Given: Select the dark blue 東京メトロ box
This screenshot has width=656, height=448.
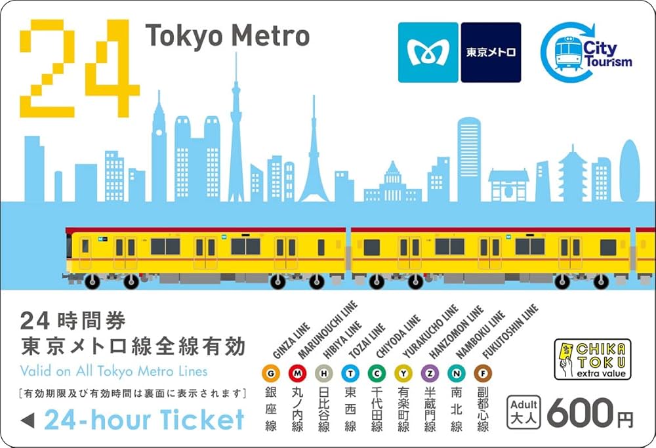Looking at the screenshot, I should [491, 52].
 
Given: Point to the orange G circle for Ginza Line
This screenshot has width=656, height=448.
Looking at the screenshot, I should [271, 373].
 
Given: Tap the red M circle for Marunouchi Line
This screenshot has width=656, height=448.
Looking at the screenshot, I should [297, 373].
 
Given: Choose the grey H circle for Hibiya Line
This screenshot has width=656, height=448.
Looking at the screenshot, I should [323, 373].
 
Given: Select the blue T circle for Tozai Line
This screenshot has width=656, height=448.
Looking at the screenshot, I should [350, 373].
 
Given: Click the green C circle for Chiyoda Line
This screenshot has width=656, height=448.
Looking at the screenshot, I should [377, 373].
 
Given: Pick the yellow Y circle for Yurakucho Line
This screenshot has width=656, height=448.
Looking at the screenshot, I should [403, 373].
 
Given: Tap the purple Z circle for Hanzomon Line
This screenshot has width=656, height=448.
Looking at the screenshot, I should [429, 373].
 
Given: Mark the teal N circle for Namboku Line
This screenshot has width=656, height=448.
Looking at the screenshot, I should [456, 373].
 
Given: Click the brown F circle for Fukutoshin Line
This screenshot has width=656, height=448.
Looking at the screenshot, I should [482, 373].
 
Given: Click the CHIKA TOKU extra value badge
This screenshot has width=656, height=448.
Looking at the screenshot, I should [592, 359].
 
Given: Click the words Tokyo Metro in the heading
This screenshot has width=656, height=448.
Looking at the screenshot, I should [227, 36].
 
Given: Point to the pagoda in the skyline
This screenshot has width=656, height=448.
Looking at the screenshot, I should [572, 175].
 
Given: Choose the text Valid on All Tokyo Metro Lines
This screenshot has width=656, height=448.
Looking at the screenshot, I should [114, 371].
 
